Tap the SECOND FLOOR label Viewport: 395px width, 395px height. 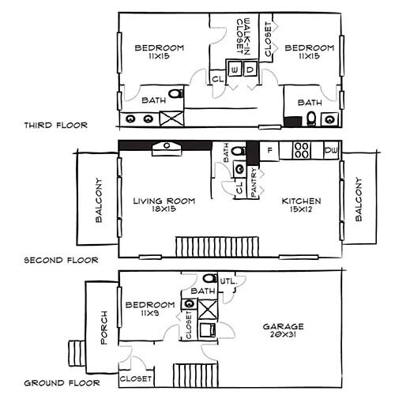click(x=61, y=259)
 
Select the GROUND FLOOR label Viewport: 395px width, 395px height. click(x=62, y=382)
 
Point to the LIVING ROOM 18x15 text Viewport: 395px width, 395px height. click(x=164, y=205)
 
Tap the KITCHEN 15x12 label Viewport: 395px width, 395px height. click(x=303, y=205)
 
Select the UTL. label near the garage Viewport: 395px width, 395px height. click(x=229, y=280)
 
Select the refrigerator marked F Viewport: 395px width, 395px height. click(x=269, y=150)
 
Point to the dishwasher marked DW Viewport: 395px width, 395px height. click(x=331, y=150)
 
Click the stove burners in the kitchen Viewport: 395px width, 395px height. click(x=302, y=150)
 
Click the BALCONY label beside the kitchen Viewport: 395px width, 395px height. click(x=358, y=199)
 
